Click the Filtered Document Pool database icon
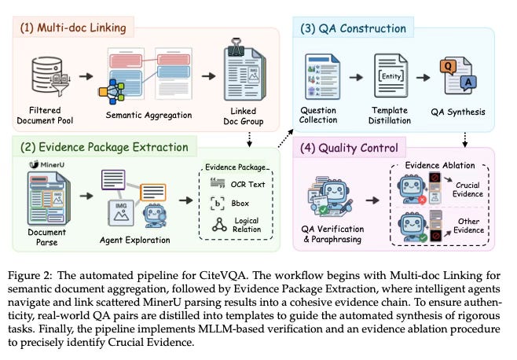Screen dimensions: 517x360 tap(50, 76)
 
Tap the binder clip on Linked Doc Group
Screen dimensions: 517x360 tap(236, 47)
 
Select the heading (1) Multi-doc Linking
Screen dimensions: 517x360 tap(73, 28)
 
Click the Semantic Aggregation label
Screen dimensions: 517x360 tap(148, 116)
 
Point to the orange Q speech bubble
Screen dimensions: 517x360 tap(448, 66)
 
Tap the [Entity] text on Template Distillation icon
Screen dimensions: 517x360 tap(391, 76)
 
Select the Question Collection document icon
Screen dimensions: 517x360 tap(322, 76)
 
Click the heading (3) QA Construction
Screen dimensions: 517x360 tap(353, 29)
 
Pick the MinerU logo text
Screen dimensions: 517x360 tap(47, 164)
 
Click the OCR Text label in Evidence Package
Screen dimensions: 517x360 tap(247, 185)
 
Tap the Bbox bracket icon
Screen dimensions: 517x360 tap(218, 204)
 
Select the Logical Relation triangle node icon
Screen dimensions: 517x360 tap(219, 224)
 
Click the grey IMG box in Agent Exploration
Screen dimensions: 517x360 tap(121, 213)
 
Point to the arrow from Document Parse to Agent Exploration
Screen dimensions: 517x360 tap(86, 196)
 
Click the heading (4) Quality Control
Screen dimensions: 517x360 tap(349, 148)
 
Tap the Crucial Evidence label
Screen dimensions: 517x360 tap(467, 189)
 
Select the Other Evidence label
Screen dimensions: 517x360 tap(468, 226)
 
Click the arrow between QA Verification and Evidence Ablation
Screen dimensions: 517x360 tap(372, 200)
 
